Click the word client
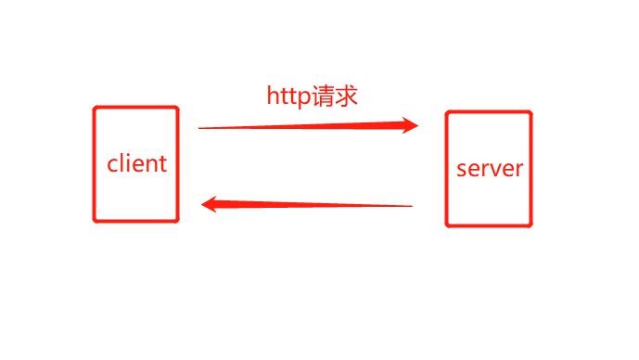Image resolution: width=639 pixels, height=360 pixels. coord(137,164)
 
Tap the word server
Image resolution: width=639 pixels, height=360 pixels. coord(490,170)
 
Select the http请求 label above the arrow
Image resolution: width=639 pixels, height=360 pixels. coord(312,96)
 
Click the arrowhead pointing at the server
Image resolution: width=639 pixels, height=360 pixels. coord(411,125)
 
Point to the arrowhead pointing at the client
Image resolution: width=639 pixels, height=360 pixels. coord(210,203)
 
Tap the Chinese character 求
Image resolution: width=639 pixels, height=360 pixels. coord(347,96)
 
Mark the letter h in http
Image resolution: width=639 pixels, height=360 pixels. coord(273,96)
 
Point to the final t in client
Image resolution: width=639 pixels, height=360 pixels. coord(163,164)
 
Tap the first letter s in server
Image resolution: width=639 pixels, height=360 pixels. coord(461,171)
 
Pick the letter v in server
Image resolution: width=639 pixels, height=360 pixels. coord(496,171)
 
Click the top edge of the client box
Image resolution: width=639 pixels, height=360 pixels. coord(135,108)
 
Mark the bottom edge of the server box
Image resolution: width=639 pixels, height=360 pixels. coord(489,225)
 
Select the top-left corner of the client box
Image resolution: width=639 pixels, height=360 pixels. coord(95,109)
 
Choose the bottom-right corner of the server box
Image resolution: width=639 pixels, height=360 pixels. coord(531,225)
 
